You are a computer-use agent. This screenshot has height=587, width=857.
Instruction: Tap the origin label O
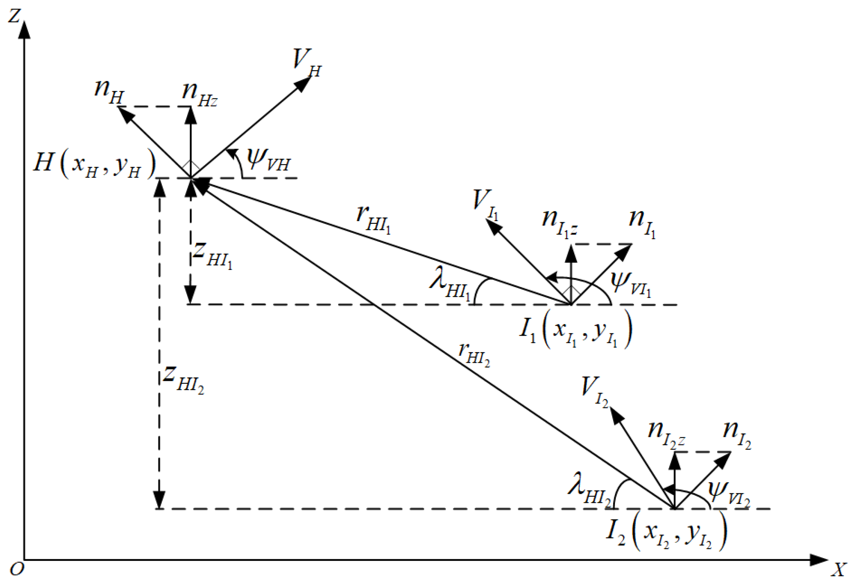(17, 570)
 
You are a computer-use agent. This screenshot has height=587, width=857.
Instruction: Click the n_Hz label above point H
(199, 94)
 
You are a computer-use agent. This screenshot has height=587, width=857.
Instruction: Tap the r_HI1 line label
(373, 220)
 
